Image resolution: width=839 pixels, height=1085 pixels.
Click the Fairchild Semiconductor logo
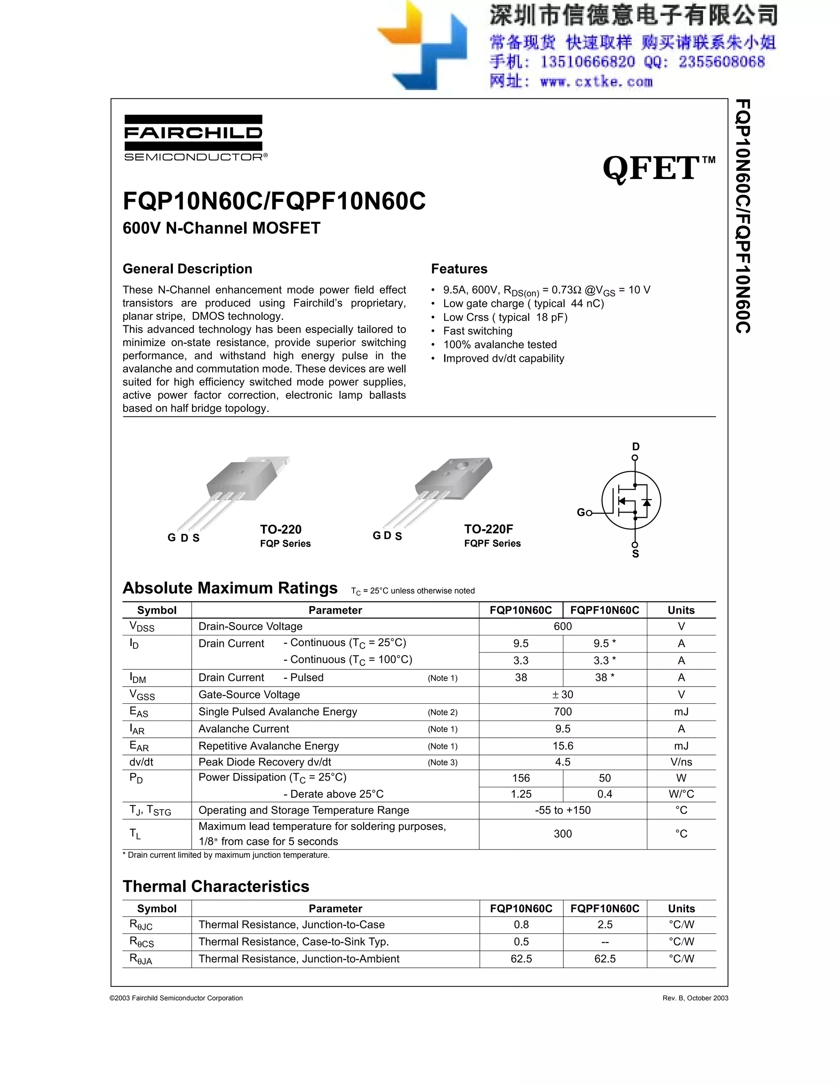tap(193, 138)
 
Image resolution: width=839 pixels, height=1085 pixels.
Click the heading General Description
tap(187, 269)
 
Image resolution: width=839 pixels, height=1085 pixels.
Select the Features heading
tap(459, 269)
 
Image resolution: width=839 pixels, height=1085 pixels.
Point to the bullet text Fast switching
tap(477, 331)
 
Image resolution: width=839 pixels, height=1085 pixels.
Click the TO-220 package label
tap(280, 529)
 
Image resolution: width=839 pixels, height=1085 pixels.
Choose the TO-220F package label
tap(488, 529)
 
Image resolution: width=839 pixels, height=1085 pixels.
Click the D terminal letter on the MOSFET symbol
tap(635, 447)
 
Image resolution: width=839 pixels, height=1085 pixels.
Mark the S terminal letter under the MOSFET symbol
tap(635, 554)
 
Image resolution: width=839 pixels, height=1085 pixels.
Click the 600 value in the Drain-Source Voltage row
tap(562, 626)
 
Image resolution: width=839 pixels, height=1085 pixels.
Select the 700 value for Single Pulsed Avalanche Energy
tap(562, 712)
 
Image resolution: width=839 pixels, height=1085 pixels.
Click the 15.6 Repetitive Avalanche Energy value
tap(562, 746)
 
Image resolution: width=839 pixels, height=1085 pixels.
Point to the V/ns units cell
tap(680, 762)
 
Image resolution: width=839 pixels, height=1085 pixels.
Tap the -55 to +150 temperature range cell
tap(562, 810)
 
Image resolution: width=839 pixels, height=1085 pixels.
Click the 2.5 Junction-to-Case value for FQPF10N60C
tap(604, 925)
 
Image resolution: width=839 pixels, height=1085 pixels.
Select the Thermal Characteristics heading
tap(216, 886)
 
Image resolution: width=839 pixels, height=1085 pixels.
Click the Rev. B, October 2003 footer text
tap(695, 998)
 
